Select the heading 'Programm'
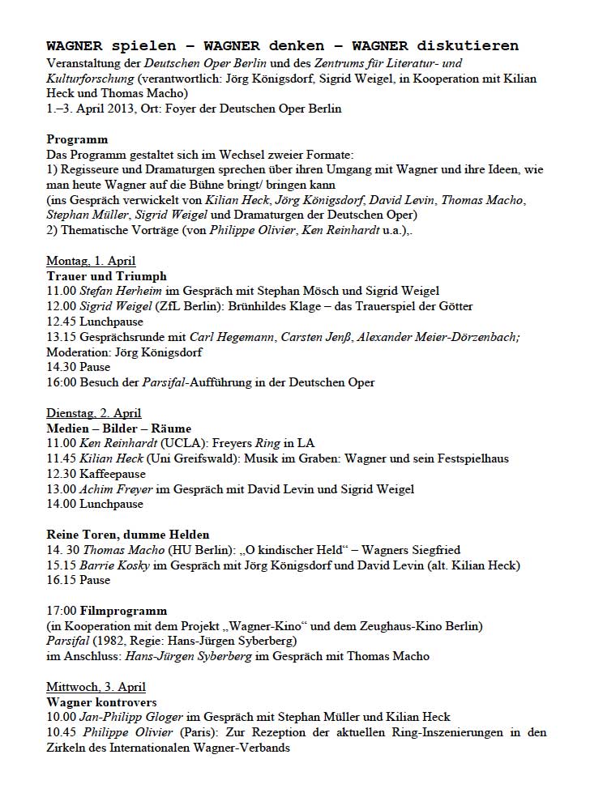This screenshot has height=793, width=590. pyautogui.click(x=77, y=139)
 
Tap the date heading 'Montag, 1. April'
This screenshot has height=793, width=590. pyautogui.click(x=91, y=261)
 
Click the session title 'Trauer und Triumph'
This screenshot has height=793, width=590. pyautogui.click(x=106, y=276)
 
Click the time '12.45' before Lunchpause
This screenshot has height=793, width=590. pyautogui.click(x=61, y=321)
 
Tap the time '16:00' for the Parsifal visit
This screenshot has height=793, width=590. pyautogui.click(x=61, y=382)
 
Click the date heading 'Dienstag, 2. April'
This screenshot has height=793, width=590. pyautogui.click(x=93, y=413)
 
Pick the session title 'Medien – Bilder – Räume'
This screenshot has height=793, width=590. pyautogui.click(x=118, y=428)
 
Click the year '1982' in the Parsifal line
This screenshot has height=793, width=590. pyautogui.click(x=107, y=641)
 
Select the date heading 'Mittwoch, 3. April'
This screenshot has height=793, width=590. pyautogui.click(x=96, y=687)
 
